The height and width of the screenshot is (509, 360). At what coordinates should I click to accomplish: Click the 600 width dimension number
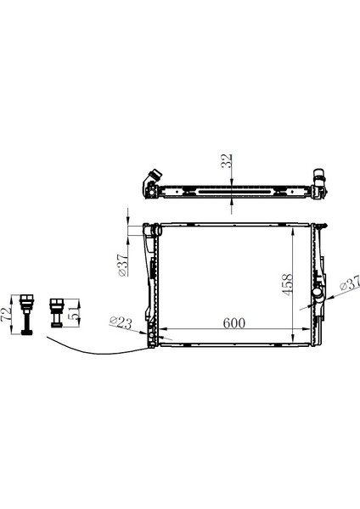coord(234,323)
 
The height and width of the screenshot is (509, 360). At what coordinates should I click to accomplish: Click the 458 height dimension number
coord(287,285)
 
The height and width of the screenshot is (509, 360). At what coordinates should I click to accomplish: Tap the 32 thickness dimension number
coord(227,160)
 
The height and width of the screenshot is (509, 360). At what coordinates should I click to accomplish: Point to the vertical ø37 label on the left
coord(123,265)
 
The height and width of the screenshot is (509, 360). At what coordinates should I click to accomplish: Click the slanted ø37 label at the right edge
coord(350,283)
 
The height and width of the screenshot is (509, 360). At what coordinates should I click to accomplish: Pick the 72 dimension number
coord(6,315)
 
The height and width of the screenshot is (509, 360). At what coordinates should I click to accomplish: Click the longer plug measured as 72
coord(26,315)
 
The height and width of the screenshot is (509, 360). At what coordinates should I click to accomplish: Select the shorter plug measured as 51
coord(56,312)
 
